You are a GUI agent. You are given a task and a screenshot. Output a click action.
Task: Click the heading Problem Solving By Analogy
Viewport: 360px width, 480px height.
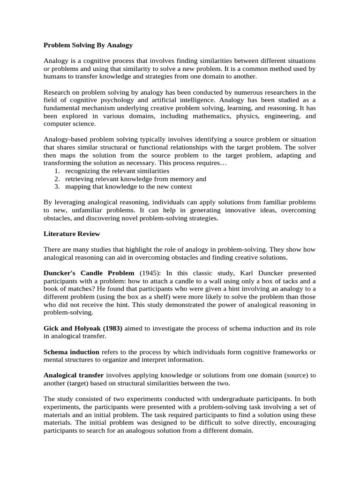(x=88, y=45)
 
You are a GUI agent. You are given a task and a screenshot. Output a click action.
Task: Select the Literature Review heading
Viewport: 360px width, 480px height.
(x=72, y=233)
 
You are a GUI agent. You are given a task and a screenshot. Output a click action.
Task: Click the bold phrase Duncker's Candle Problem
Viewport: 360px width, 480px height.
(x=89, y=273)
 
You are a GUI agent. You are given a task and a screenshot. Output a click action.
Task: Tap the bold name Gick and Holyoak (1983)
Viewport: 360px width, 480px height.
(x=83, y=329)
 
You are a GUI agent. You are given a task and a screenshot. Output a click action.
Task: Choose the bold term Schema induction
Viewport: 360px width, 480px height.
(x=71, y=352)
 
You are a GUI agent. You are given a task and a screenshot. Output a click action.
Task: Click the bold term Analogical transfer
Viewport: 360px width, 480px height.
(x=73, y=375)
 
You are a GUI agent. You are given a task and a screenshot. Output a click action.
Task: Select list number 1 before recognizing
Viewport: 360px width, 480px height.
(x=57, y=171)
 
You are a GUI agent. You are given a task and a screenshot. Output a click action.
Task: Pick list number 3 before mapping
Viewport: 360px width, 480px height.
(x=57, y=187)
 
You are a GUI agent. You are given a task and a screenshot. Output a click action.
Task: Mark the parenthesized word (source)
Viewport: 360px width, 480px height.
(x=293, y=375)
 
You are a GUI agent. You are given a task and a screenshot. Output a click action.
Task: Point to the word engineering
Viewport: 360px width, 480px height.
(x=277, y=116)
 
